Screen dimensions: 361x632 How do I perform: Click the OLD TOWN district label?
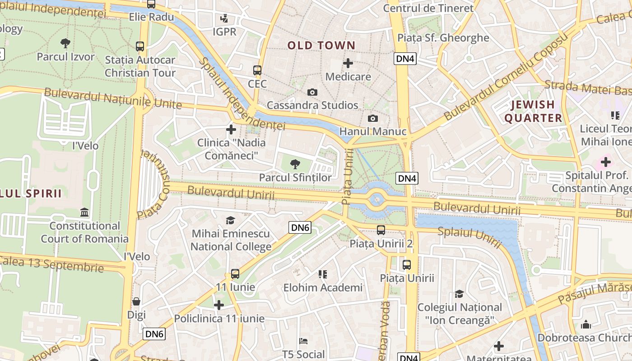321,45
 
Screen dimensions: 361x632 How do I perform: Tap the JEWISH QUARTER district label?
533,111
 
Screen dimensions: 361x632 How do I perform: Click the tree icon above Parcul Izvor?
65,43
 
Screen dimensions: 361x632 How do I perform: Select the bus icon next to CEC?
257,70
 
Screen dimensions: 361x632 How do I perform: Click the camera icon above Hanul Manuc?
372,119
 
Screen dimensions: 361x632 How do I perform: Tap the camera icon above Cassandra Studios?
312,93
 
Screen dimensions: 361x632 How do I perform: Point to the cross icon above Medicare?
348,63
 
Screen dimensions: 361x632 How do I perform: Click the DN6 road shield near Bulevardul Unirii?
300,227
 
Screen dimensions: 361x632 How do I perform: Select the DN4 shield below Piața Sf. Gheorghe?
405,59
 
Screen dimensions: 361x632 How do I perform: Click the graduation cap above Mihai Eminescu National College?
231,220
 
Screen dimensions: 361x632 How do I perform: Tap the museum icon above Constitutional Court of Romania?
84,212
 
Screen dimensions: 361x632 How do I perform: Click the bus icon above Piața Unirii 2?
381,230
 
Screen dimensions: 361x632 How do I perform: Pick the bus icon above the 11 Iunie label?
235,273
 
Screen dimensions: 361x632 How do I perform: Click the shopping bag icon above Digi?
136,301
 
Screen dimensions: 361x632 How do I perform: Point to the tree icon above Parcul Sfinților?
295,164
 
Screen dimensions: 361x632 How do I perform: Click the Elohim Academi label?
323,287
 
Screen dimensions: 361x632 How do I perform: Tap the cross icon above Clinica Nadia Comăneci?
231,130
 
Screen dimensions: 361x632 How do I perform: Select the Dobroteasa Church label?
584,338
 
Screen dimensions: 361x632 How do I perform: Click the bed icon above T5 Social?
303,341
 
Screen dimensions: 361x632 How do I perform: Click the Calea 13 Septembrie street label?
52,264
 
